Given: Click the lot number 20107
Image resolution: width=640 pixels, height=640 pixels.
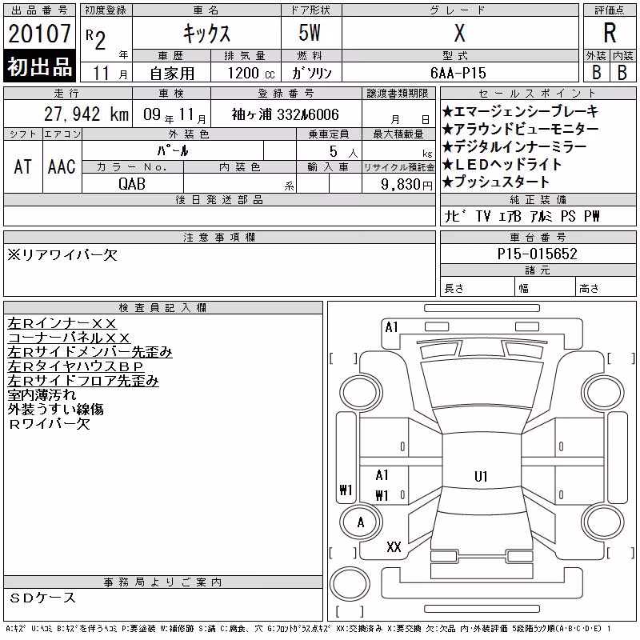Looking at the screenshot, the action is [39, 34].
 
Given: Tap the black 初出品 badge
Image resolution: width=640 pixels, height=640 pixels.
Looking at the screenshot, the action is [39, 66].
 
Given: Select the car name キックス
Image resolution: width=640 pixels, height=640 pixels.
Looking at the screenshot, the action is [206, 34].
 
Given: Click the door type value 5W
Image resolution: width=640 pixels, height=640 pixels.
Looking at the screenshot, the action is [310, 33].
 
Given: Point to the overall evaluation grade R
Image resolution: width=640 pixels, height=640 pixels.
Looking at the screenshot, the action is [610, 33].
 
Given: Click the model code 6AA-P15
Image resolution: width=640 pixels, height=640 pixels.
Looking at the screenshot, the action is [458, 73].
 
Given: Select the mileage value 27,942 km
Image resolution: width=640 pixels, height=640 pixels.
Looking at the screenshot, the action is [86, 114].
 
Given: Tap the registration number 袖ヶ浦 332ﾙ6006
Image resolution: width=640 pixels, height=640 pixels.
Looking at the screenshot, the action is [286, 114].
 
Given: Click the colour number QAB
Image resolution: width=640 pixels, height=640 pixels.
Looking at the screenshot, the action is [132, 184].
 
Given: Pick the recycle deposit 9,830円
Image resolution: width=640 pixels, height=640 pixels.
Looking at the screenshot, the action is [406, 185].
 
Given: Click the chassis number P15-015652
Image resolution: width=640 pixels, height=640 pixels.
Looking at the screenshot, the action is [537, 254].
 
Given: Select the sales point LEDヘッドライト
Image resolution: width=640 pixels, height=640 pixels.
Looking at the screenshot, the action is [502, 164].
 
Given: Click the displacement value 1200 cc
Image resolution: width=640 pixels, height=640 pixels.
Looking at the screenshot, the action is [251, 73].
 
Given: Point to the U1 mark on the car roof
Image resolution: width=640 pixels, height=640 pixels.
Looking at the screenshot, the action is [481, 476].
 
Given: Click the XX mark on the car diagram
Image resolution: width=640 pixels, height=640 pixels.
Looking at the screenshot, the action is [394, 547].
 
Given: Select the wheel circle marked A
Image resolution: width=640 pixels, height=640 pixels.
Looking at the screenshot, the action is [361, 522].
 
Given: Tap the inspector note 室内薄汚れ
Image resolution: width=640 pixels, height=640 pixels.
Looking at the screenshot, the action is [42, 394].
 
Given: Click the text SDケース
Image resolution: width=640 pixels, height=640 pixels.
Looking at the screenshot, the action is [42, 598].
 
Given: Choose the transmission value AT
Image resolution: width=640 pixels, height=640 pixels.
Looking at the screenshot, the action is [23, 166].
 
